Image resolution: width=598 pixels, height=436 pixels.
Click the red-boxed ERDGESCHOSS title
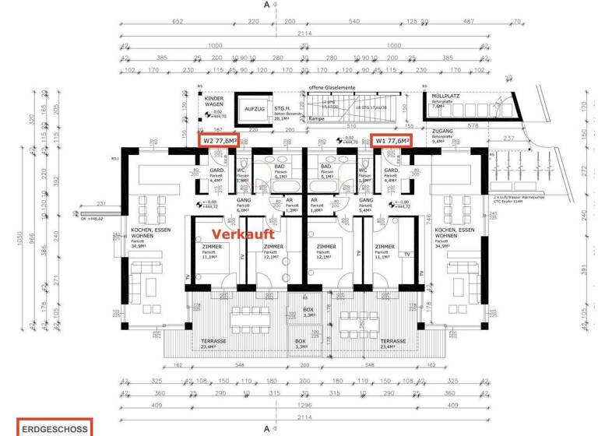click(55, 427)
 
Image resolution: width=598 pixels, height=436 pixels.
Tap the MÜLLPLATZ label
click(446, 97)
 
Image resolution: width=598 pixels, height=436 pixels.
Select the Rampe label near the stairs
click(317, 119)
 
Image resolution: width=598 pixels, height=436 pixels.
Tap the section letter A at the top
click(267, 5)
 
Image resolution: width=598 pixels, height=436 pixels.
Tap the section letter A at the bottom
click(267, 428)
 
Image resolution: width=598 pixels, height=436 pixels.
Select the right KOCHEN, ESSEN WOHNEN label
click(455, 234)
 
